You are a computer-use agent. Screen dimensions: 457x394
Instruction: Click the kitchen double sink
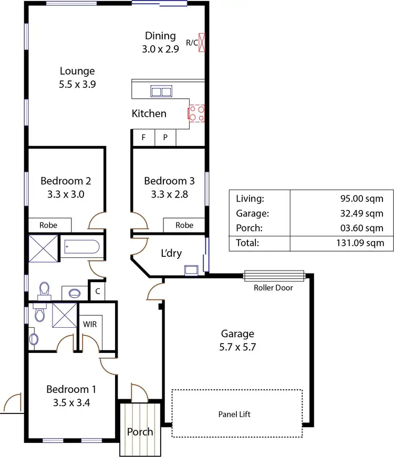(x=161, y=91)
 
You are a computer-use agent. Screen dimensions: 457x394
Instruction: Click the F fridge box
(x=143, y=138)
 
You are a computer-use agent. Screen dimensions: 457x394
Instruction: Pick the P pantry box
(x=165, y=138)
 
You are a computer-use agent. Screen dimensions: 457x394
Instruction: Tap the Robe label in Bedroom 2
(x=49, y=225)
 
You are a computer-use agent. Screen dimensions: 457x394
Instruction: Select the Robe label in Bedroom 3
(x=184, y=225)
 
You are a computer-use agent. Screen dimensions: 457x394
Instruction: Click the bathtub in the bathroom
(x=81, y=247)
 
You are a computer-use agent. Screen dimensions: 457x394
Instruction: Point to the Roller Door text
(x=273, y=288)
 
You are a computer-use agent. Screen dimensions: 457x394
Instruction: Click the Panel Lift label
(x=234, y=414)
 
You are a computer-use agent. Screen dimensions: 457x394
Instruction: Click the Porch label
(x=140, y=432)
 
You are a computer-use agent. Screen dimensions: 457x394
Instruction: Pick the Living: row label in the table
(x=250, y=199)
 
